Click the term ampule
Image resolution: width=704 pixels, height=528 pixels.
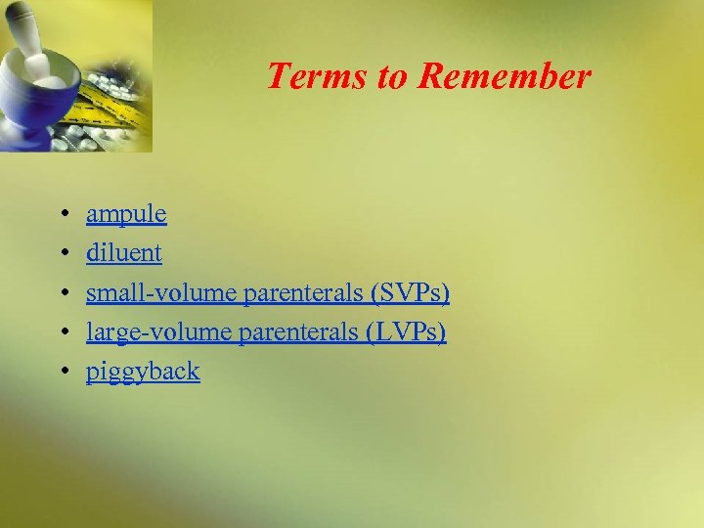(126, 214)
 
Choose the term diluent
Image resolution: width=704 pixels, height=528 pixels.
(124, 253)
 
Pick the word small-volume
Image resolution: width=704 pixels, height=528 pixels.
(161, 293)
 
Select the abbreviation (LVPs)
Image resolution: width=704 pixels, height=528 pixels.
(406, 332)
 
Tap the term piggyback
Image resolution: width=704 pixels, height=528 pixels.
(143, 373)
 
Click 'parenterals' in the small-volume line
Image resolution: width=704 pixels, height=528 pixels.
(302, 293)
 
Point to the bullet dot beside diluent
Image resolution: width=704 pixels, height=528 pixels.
(62, 253)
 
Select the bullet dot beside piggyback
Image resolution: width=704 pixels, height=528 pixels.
(62, 372)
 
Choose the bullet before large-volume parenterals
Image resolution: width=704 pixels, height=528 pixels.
(62, 332)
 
